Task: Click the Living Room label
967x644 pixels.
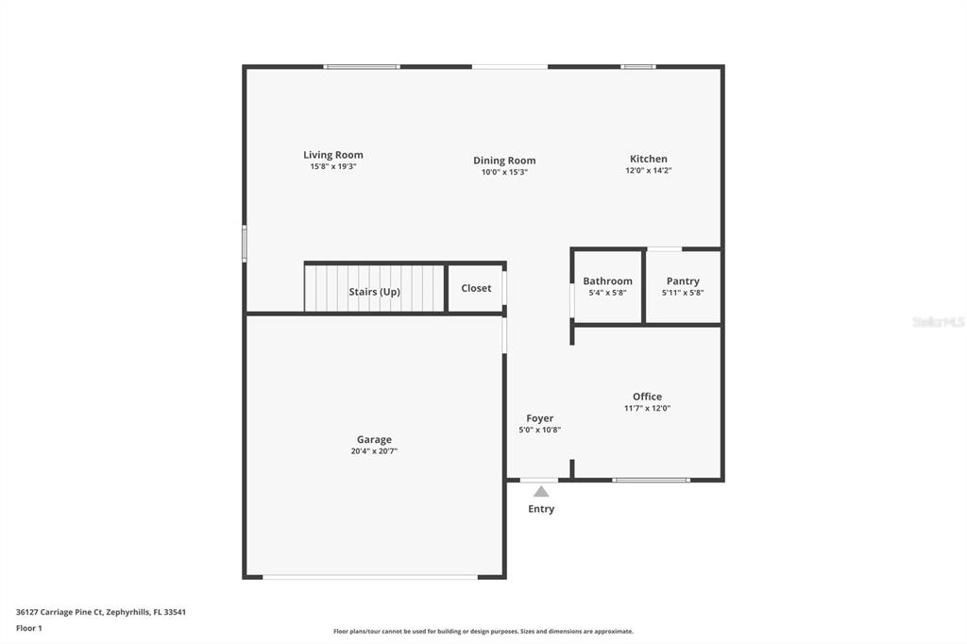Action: tap(333, 155)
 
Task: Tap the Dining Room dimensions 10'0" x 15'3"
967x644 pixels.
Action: tap(504, 172)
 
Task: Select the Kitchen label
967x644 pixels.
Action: tap(648, 159)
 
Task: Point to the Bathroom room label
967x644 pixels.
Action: tap(607, 281)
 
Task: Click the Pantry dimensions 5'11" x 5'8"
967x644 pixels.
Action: tap(683, 293)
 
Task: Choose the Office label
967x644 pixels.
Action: tap(647, 397)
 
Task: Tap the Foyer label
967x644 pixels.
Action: tap(539, 418)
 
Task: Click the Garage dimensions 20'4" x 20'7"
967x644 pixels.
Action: tap(374, 451)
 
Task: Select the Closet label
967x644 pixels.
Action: tap(476, 288)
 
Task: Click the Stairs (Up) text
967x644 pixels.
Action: tap(374, 292)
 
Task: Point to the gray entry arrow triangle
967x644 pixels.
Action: tap(541, 492)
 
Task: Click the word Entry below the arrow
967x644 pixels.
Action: tap(541, 509)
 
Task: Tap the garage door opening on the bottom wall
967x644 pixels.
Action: tap(370, 577)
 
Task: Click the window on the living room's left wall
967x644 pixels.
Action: tap(245, 244)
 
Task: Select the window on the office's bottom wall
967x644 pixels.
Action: tap(651, 480)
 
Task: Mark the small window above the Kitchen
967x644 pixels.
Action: tap(638, 66)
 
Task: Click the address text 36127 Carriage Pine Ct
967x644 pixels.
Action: tap(59, 612)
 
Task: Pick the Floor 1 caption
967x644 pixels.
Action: tap(29, 628)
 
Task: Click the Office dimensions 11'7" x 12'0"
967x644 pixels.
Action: tap(647, 408)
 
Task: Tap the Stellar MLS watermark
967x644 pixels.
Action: tap(939, 322)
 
